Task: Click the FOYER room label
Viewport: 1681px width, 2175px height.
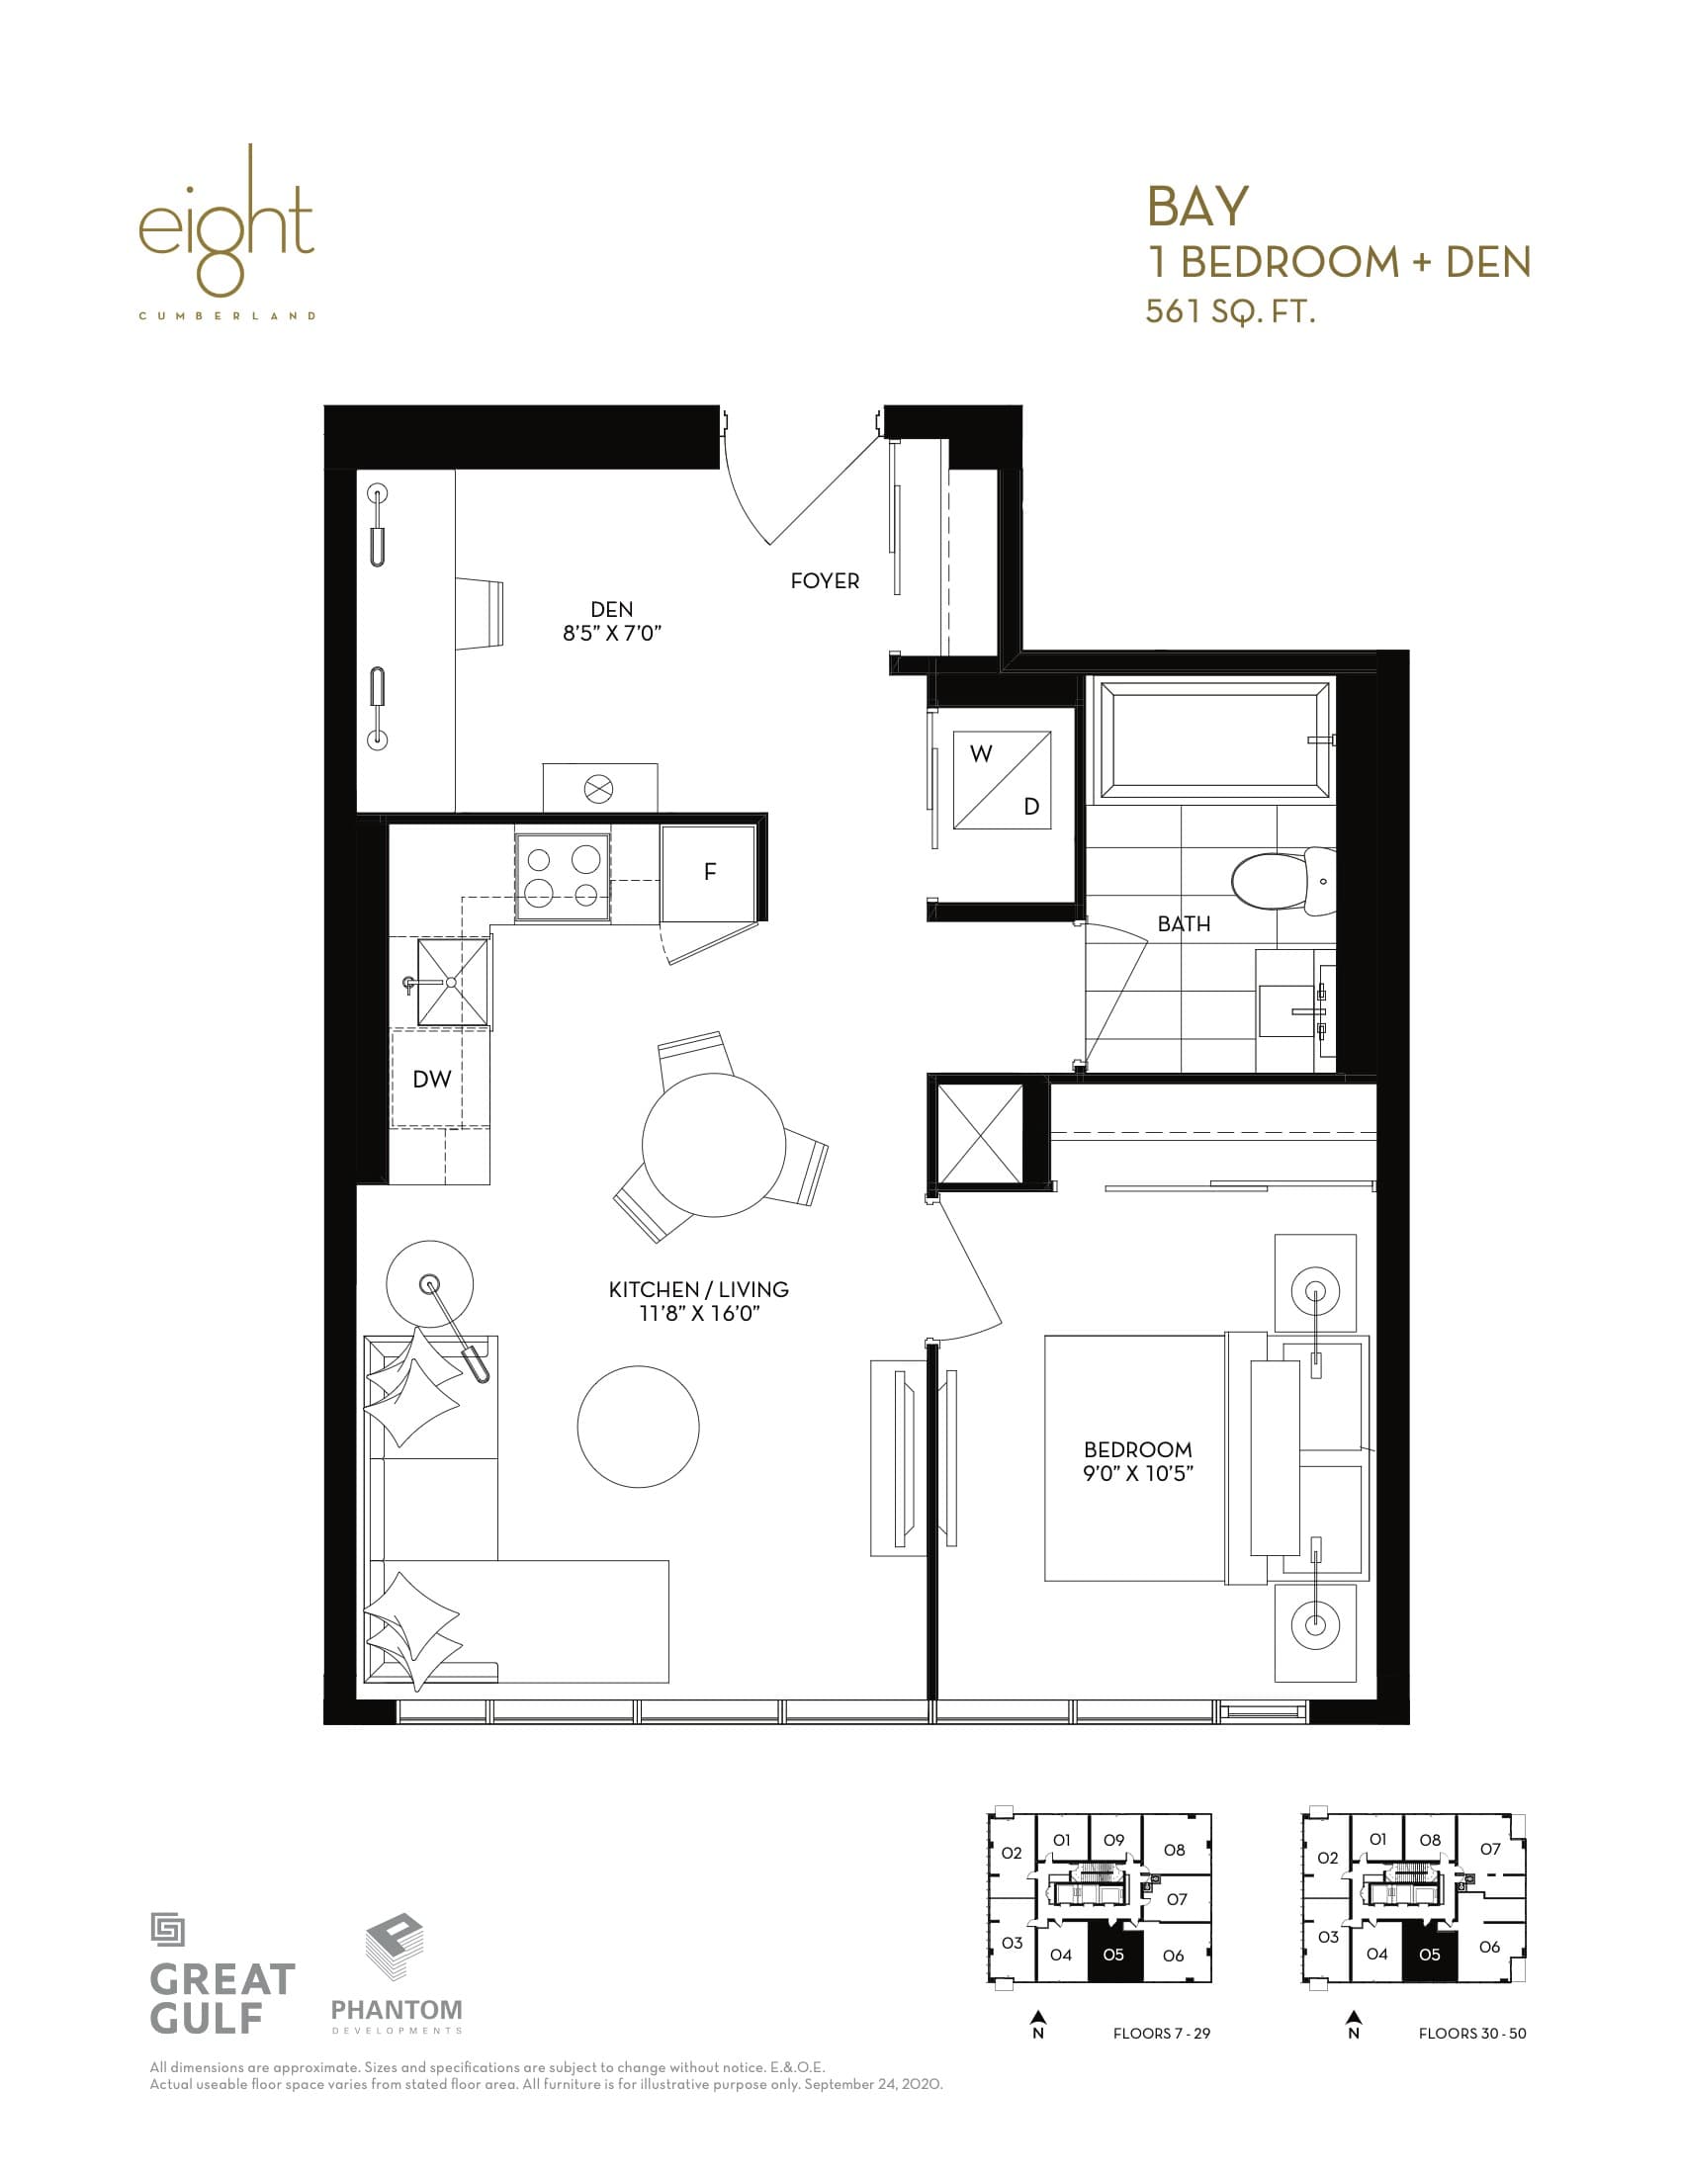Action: [824, 580]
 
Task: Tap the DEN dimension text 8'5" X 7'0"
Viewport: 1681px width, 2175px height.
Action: [611, 634]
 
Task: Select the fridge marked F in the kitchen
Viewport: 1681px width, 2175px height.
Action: [709, 872]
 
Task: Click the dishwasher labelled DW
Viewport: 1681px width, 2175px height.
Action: [431, 1079]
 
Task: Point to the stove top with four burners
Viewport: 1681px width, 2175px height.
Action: [563, 875]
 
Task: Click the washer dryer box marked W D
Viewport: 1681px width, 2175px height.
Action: [1002, 780]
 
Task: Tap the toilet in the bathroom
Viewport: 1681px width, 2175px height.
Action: [1281, 880]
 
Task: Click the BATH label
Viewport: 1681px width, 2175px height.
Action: [1183, 924]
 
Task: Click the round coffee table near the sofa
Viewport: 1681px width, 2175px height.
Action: [638, 1426]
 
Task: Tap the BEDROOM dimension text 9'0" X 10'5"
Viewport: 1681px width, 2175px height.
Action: [1137, 1473]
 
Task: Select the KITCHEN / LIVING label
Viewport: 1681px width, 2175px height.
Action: [698, 1288]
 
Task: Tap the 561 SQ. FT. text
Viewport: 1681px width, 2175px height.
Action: [1230, 311]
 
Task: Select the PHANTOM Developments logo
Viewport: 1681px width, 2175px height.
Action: [397, 1978]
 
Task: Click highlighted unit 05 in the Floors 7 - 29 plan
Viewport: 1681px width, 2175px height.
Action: [1112, 1955]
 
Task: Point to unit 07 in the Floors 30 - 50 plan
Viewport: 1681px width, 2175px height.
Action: [1489, 1850]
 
